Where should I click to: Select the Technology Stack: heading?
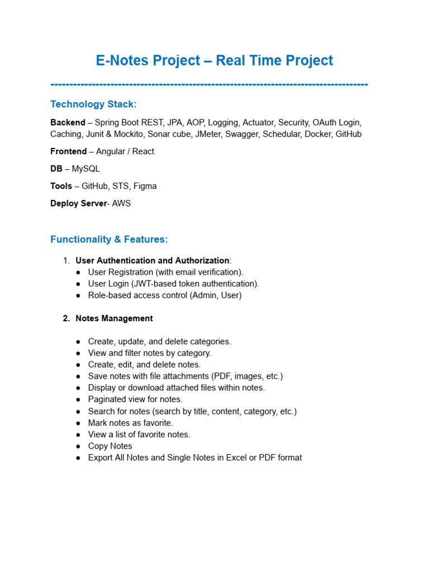coord(93,104)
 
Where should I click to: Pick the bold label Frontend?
coord(68,151)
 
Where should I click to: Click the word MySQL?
coord(86,169)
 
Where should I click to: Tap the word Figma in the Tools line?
coord(145,186)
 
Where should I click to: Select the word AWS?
coord(121,203)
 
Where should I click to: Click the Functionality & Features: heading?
coord(109,240)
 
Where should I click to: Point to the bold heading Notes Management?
coord(114,318)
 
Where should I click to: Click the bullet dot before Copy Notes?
coord(78,446)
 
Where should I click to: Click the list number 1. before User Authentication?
coord(66,261)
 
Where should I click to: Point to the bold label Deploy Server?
coord(78,203)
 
